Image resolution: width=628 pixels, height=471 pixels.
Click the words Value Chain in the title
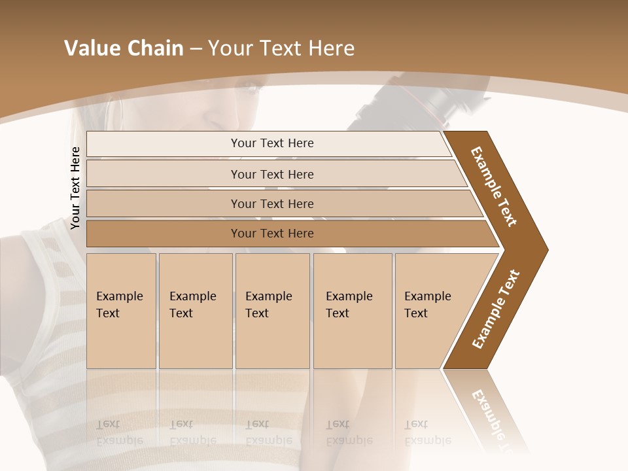point(124,48)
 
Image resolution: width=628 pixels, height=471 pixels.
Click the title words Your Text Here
point(281,48)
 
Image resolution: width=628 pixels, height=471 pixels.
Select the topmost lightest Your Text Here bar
point(271,143)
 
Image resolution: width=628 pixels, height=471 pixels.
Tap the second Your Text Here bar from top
point(271,174)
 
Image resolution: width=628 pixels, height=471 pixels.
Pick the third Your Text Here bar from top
point(271,203)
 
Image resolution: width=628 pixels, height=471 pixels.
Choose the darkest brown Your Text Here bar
point(271,234)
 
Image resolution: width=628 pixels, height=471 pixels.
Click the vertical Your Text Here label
point(75,188)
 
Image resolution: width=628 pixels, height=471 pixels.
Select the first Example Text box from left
point(121,310)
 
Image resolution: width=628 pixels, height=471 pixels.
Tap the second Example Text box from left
point(195,310)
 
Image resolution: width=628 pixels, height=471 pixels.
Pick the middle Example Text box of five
point(271,310)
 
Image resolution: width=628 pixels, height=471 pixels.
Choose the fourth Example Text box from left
point(352,310)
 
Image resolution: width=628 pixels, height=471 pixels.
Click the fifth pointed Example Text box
point(432,310)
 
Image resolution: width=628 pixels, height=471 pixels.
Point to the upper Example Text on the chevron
point(494,186)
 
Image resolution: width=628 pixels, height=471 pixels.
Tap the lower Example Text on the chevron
point(496,309)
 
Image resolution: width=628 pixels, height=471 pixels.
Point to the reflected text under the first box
point(119,432)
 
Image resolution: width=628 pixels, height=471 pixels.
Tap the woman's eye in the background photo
point(250,86)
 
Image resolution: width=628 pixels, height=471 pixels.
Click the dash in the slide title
point(195,49)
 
